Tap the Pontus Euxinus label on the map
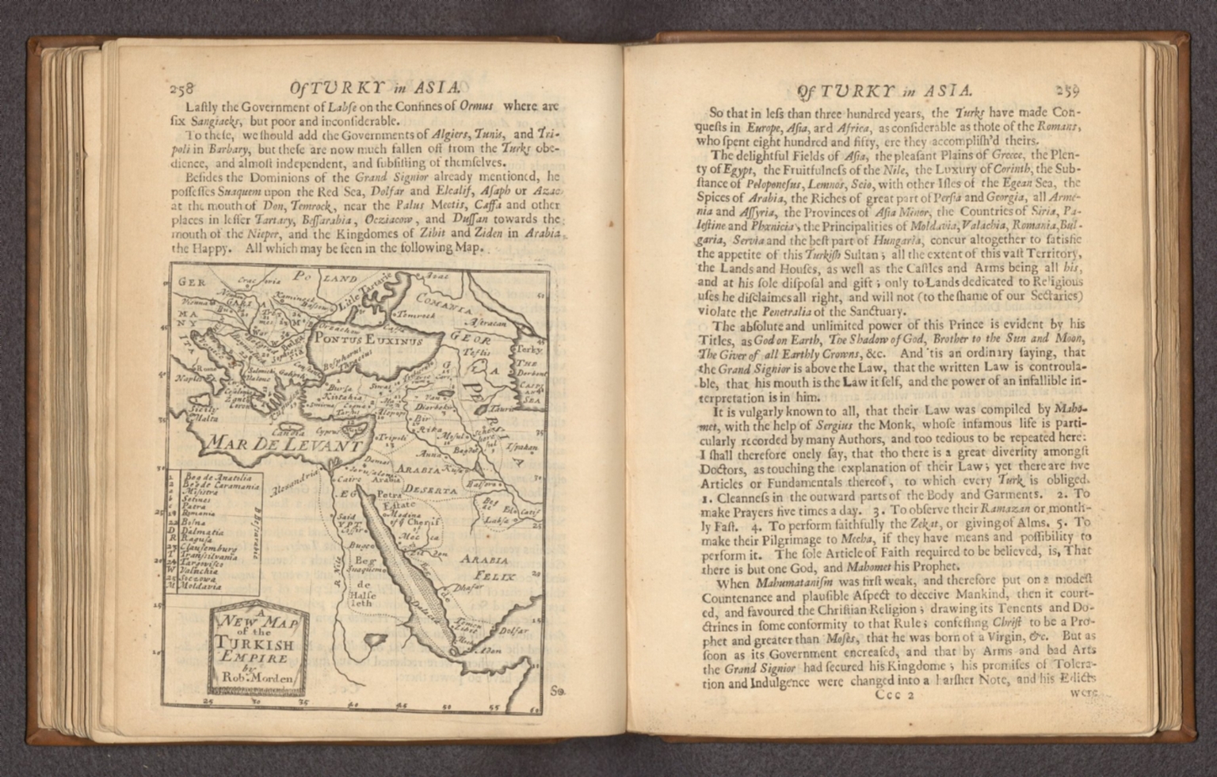click(x=368, y=339)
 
